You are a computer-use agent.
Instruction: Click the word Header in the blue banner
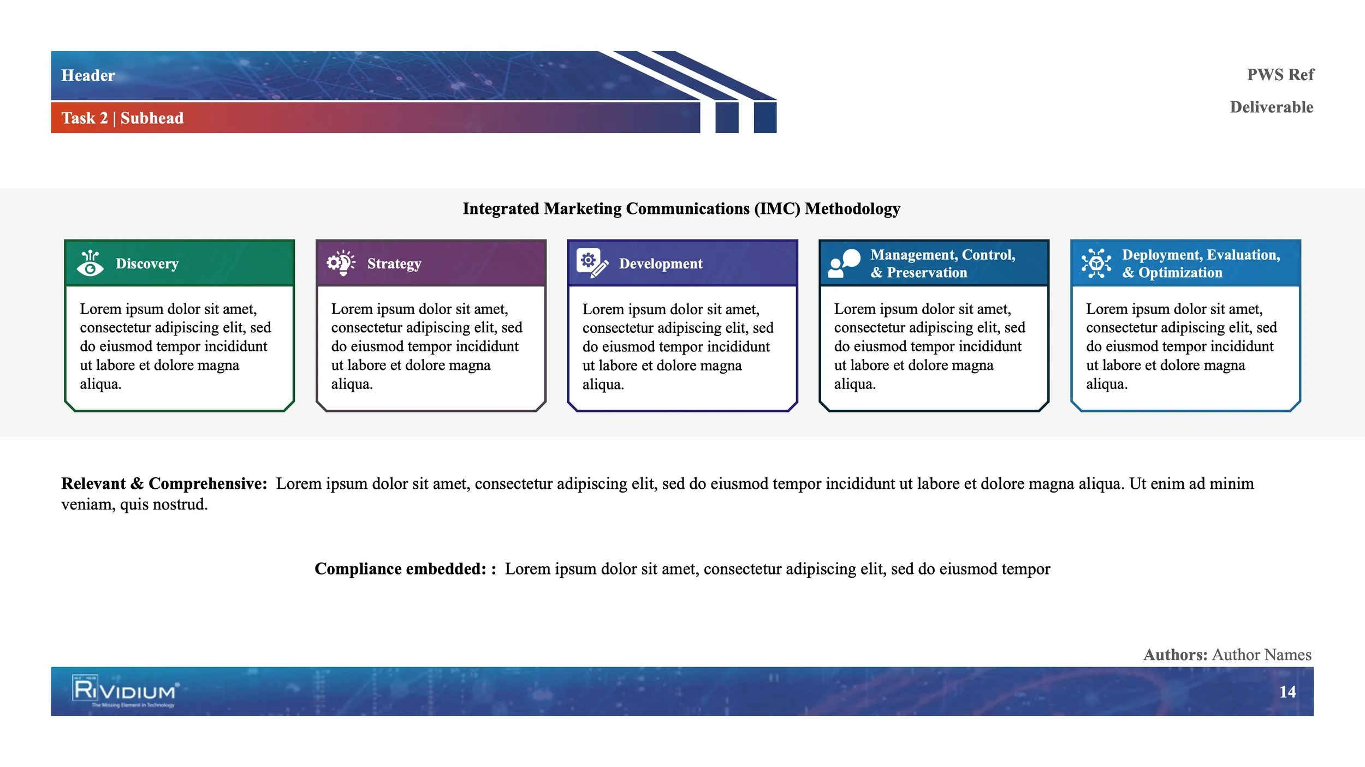tap(88, 75)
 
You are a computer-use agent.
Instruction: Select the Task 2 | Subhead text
tap(122, 118)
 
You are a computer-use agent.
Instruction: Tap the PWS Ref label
tap(1280, 74)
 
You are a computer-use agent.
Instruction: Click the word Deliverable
tap(1271, 107)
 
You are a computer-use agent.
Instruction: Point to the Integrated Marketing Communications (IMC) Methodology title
tap(681, 208)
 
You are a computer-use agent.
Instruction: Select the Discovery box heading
tap(147, 263)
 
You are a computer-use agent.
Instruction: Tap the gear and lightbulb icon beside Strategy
tap(341, 263)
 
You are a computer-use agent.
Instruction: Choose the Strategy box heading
tap(394, 263)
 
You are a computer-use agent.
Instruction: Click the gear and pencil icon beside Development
tap(592, 263)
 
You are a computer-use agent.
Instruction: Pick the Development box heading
tap(661, 263)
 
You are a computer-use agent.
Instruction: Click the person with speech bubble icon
tap(844, 263)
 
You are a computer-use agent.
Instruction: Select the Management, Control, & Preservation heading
tap(942, 263)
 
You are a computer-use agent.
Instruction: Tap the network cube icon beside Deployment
tap(1096, 263)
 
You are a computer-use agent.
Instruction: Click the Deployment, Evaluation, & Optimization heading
tap(1201, 263)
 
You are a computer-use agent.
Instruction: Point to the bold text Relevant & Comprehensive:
tap(164, 483)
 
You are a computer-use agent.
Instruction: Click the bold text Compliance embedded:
tap(400, 568)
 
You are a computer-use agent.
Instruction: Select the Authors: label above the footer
tap(1175, 655)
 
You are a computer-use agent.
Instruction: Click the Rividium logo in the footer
tap(125, 691)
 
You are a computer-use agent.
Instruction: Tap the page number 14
tap(1287, 692)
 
